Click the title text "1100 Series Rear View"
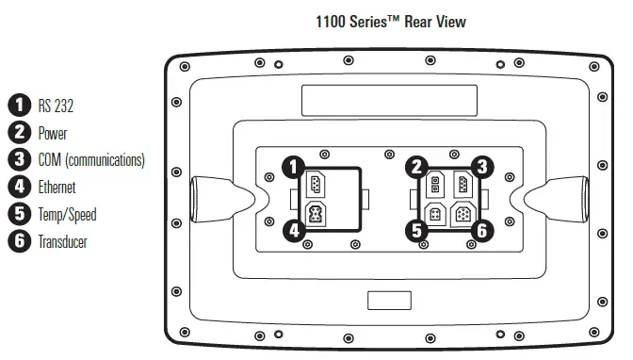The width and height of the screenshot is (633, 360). [391, 22]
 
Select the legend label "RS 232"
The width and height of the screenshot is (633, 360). [56, 106]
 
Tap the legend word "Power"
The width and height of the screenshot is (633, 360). [53, 133]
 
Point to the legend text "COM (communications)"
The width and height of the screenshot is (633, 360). [91, 160]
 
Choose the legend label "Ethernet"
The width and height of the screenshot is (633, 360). [57, 188]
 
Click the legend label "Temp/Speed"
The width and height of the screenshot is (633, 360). [68, 215]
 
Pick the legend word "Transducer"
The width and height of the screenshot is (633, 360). [62, 242]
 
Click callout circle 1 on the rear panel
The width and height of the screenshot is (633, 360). [294, 167]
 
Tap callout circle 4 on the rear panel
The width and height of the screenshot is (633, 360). [294, 231]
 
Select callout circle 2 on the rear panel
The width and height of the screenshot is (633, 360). [416, 167]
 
